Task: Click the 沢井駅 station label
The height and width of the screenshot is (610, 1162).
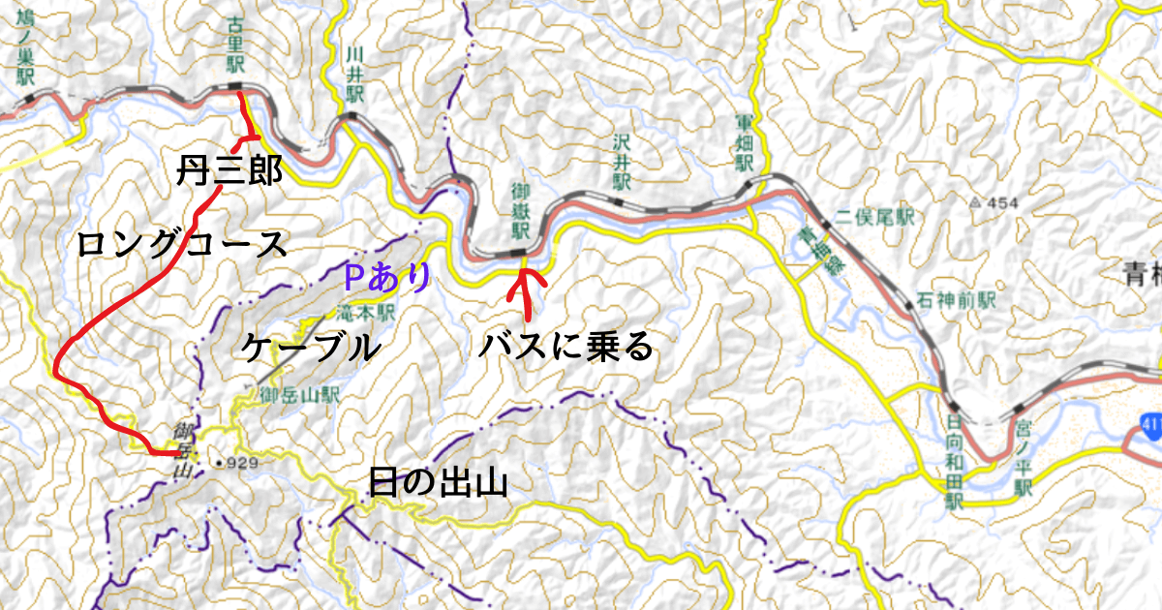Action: pos(620,161)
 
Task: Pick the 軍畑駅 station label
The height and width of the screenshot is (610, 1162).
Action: pos(744,142)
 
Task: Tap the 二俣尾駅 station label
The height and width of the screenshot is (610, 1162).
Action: pos(875,218)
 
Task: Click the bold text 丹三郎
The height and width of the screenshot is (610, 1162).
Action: pos(229,171)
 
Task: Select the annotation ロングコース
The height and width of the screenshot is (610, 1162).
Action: pos(183,243)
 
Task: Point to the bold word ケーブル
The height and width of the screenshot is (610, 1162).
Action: pos(310,347)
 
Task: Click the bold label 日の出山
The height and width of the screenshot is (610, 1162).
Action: pos(438,481)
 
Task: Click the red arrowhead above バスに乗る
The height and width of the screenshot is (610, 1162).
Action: pos(526,279)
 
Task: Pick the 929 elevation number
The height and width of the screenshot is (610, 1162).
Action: pos(244,464)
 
